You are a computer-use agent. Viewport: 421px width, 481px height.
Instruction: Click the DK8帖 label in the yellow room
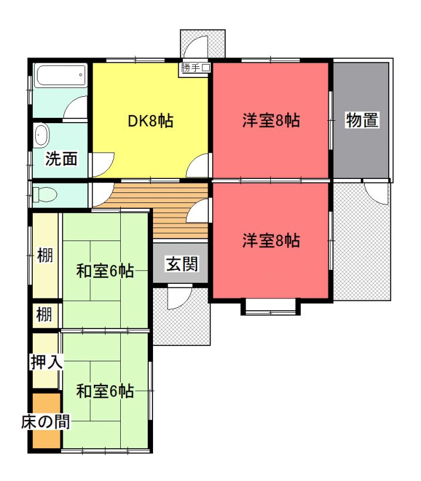[150, 121]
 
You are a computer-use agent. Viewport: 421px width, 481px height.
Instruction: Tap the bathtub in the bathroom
[60, 76]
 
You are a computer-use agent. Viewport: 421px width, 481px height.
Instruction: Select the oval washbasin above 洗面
[42, 135]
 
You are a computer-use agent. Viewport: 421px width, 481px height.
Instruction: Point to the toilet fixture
[45, 195]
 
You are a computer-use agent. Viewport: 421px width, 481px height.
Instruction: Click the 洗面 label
[61, 158]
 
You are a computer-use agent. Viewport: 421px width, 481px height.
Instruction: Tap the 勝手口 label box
[195, 67]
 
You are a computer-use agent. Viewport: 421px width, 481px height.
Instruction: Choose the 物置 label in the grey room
[362, 120]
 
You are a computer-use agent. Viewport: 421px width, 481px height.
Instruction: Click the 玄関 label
[182, 264]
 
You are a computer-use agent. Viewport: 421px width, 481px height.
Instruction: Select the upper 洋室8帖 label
[271, 120]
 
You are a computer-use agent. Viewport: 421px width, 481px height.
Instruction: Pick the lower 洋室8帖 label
[271, 240]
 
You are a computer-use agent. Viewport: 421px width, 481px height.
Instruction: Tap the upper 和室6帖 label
[105, 271]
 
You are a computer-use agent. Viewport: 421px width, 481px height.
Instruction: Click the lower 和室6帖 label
[105, 391]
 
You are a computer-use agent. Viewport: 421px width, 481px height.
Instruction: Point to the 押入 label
[46, 362]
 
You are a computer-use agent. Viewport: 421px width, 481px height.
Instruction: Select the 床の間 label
[46, 422]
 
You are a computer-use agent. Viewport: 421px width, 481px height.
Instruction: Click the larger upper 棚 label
[45, 255]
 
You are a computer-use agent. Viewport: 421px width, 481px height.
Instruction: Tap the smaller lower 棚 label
[44, 314]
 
